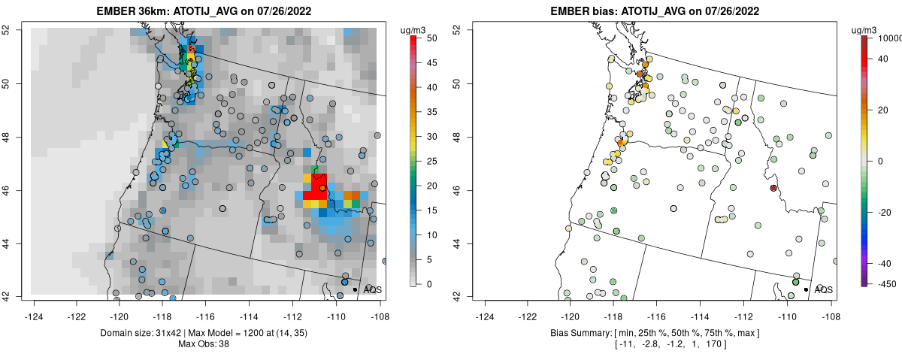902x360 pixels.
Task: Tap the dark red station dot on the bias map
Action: coord(773,188)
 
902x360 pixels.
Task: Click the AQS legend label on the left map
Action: coord(372,289)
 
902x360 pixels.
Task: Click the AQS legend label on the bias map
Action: coord(823,289)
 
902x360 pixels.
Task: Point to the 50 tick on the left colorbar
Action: coord(426,38)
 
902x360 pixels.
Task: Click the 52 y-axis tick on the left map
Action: coord(15,29)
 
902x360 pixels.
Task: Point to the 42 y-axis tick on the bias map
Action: coord(456,296)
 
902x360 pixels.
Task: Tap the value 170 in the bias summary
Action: coord(748,344)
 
